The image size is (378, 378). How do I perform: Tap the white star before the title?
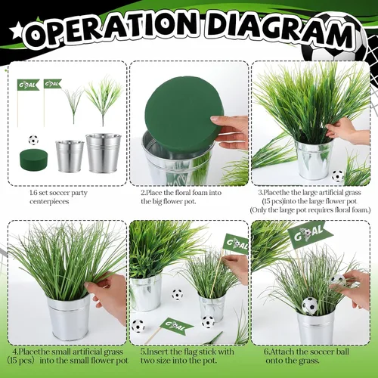[16, 31]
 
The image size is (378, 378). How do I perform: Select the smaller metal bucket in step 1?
[70, 156]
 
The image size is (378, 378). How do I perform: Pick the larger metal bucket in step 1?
[104, 153]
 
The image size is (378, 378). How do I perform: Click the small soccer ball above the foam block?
[33, 140]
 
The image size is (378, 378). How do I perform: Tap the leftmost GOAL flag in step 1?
[28, 85]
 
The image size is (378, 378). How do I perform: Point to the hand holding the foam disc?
[229, 131]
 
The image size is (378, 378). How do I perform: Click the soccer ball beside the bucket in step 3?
[337, 175]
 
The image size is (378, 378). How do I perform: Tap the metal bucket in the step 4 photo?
[70, 316]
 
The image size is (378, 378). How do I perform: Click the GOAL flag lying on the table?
[175, 326]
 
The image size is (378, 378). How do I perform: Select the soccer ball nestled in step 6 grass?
[310, 305]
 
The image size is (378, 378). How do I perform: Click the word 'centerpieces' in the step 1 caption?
[49, 202]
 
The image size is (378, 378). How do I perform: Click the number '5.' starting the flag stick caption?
[144, 352]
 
